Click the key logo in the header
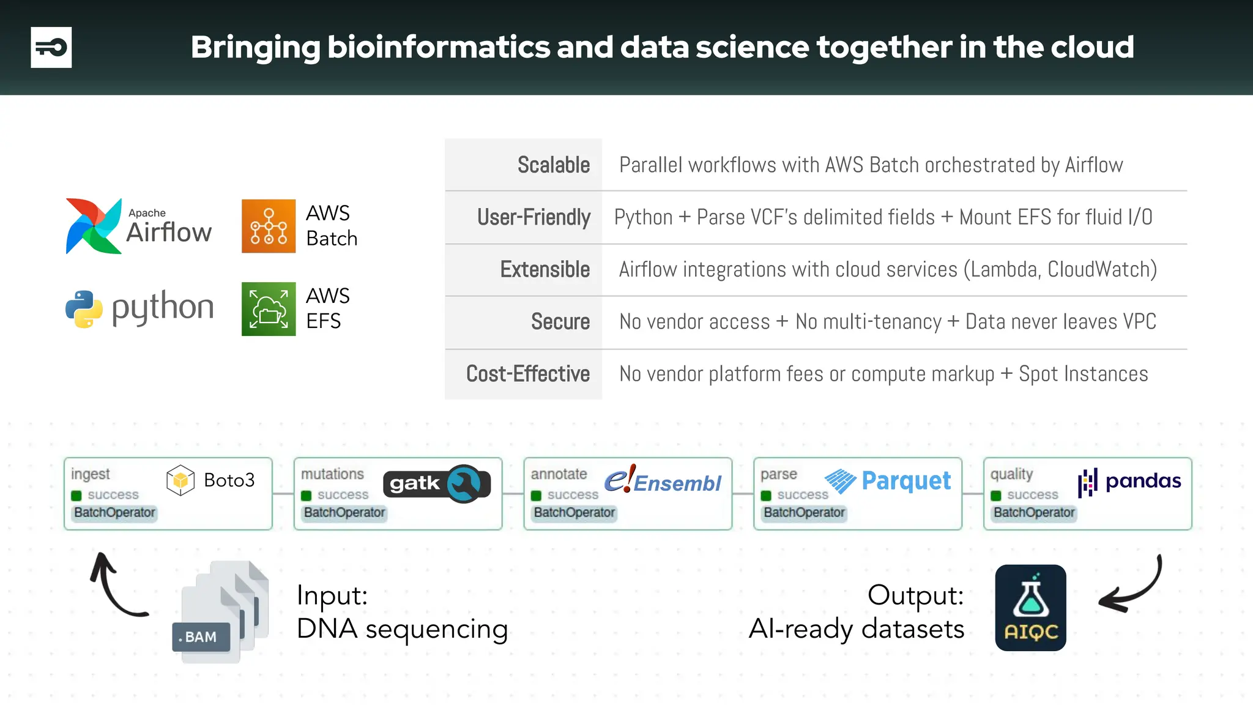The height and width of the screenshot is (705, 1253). (x=51, y=47)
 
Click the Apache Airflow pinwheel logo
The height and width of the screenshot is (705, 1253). (x=93, y=226)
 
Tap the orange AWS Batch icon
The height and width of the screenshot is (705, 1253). (x=268, y=226)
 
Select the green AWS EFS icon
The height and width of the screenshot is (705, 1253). (x=268, y=308)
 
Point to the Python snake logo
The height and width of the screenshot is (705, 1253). (x=84, y=308)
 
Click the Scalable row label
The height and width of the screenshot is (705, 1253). (x=553, y=165)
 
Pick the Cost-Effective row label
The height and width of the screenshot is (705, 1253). (x=527, y=373)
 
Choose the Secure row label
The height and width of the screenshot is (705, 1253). (x=560, y=321)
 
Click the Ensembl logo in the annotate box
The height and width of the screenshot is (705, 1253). (x=663, y=481)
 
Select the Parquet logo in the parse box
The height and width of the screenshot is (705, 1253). (x=887, y=481)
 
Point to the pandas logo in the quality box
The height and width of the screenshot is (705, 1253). (x=1129, y=482)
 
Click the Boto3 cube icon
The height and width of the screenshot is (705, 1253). (x=180, y=480)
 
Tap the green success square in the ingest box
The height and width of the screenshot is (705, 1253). (x=76, y=495)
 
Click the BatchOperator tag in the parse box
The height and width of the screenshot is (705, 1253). (x=804, y=512)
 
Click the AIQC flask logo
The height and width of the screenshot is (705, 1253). (x=1030, y=607)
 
